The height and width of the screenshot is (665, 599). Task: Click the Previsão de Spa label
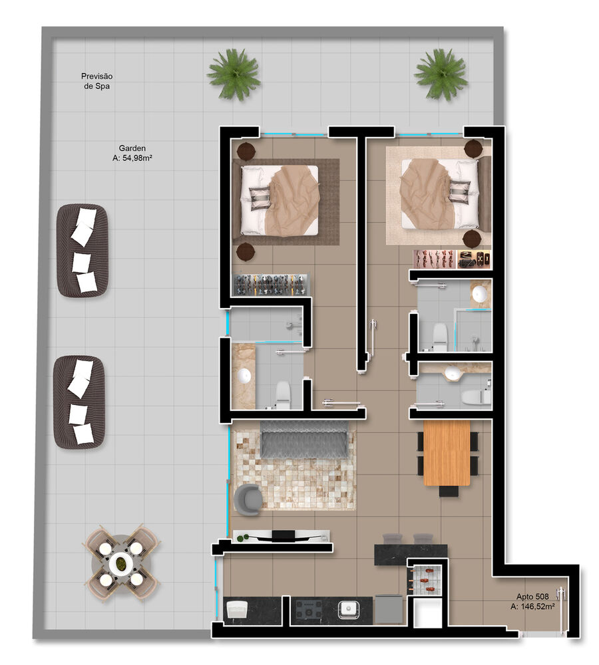(97, 81)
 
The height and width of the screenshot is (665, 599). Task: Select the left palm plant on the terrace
(233, 73)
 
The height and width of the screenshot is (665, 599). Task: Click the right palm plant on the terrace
(441, 73)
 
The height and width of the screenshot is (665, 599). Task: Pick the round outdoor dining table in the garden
(120, 564)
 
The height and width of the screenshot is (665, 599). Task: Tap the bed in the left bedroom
(280, 199)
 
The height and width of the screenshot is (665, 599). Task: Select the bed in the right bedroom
(439, 194)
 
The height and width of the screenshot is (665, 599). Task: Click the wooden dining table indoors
(447, 452)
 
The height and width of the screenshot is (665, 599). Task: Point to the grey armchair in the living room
(249, 499)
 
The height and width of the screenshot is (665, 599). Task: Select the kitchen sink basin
(348, 607)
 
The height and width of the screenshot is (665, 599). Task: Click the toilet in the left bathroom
(283, 394)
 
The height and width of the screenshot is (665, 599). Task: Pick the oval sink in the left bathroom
(244, 375)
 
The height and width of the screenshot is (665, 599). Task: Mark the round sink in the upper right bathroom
(479, 293)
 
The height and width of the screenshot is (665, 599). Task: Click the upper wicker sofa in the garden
(82, 249)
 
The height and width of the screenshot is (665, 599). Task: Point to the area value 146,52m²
(532, 607)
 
